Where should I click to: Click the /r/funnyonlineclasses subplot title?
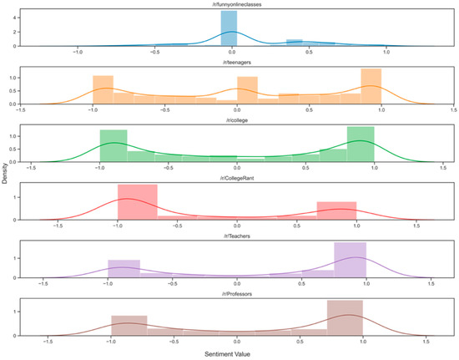[237, 6]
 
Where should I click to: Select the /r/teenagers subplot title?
[237, 63]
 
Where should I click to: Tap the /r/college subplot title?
[237, 119]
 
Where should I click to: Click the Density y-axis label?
[7, 179]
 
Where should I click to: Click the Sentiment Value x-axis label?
[237, 354]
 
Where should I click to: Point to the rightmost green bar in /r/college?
[361, 145]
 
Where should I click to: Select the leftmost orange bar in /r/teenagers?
[103, 90]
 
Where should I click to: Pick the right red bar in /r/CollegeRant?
[336, 210]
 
